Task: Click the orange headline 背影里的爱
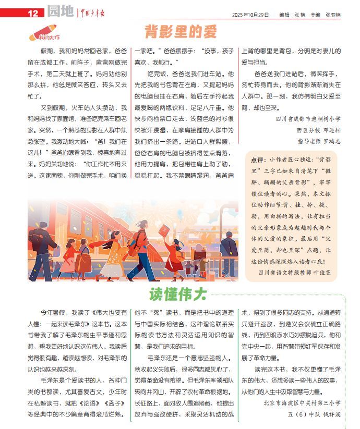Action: click(180, 32)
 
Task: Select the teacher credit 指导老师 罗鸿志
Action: click(319, 141)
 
